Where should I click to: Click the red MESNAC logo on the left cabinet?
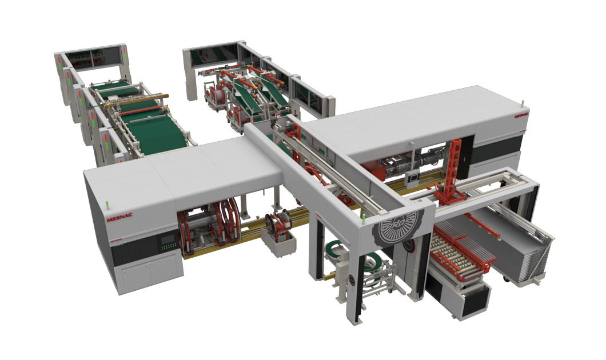click(119, 217)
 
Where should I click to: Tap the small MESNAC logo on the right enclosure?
click(521, 114)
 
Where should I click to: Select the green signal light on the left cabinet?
click(107, 203)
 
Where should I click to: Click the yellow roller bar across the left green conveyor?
click(137, 100)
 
